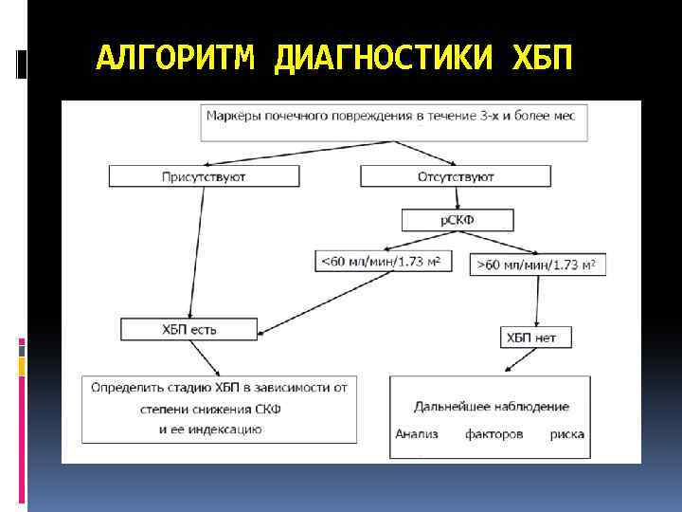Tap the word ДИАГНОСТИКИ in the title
pyautogui.click(x=384, y=59)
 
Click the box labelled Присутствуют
pyautogui.click(x=205, y=176)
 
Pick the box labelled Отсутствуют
pyautogui.click(x=456, y=176)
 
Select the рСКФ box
pyautogui.click(x=458, y=220)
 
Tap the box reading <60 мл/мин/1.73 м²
pyautogui.click(x=383, y=261)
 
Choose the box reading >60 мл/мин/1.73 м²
pyautogui.click(x=537, y=264)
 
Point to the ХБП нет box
pyautogui.click(x=535, y=338)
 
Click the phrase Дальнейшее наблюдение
pyautogui.click(x=492, y=406)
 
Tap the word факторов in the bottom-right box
pyautogui.click(x=494, y=435)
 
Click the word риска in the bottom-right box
pyautogui.click(x=566, y=435)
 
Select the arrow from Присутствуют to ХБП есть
pyautogui.click(x=196, y=252)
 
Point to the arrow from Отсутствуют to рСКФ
pyautogui.click(x=457, y=197)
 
